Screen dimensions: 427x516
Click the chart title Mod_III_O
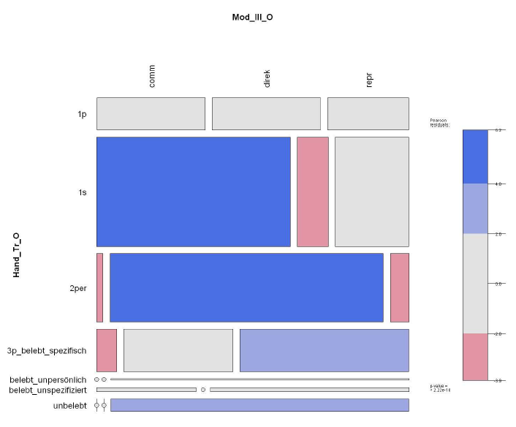click(252, 17)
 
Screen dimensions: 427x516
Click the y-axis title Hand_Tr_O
click(16, 255)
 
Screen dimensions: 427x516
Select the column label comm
click(152, 75)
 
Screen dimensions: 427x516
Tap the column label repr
click(369, 80)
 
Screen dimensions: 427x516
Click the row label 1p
click(82, 114)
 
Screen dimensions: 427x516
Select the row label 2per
click(77, 288)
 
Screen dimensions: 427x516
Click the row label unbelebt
click(69, 405)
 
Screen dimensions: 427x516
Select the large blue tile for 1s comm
click(193, 192)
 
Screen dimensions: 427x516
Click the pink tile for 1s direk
click(312, 192)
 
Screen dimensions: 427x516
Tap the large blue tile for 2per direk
click(246, 287)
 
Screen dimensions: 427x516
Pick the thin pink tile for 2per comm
click(99, 287)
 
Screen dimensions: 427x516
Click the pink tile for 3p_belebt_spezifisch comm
click(106, 350)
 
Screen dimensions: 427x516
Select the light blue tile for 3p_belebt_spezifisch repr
click(324, 350)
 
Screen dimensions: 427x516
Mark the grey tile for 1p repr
click(368, 113)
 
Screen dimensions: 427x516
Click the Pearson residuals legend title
click(439, 122)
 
